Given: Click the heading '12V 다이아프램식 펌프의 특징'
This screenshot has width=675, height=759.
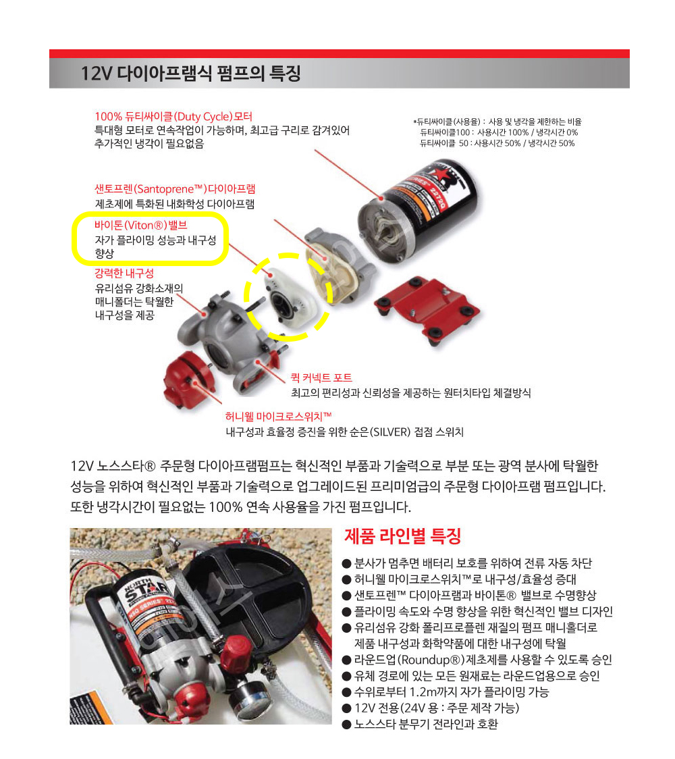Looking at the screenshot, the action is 190,74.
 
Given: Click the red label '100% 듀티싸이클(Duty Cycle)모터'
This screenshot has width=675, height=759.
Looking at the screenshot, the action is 173,117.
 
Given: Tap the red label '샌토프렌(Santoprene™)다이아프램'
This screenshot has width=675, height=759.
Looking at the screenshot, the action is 175,189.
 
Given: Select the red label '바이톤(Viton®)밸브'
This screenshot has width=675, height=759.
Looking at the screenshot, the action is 141,225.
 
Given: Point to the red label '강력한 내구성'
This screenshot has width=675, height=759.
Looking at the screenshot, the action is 124,273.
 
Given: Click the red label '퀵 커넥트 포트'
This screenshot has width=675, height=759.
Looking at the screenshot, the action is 321,378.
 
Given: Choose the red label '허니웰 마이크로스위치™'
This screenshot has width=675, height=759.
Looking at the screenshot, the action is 278,416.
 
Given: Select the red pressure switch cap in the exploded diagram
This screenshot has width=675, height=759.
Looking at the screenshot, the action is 187,378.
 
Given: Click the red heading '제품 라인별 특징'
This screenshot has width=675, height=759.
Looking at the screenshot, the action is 402,536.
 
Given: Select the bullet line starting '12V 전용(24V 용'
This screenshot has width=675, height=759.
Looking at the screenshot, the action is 431,708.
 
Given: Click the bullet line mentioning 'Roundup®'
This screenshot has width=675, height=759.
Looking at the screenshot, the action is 477,660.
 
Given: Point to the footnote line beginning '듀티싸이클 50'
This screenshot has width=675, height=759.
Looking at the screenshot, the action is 497,143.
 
